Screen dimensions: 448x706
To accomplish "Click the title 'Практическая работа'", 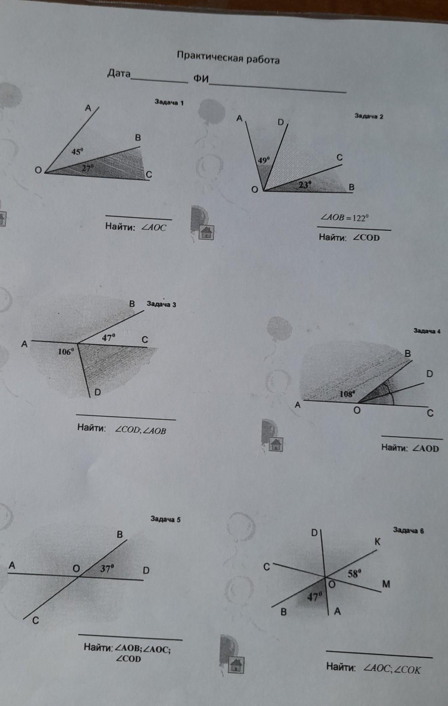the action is tap(228, 57).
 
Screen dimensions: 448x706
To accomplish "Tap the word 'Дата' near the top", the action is tap(119, 73).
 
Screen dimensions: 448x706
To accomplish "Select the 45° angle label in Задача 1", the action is tap(77, 151).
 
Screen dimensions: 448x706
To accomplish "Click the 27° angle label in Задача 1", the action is tap(88, 168).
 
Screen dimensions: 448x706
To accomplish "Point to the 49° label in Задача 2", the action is tap(264, 160).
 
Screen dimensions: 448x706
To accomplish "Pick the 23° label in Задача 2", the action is tap(305, 185).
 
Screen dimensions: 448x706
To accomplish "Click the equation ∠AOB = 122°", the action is tap(345, 218).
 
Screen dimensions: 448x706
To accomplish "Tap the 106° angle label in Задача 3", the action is tap(65, 352).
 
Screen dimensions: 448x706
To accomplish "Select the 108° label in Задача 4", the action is tap(347, 393).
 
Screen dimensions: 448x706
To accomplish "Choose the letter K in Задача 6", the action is tap(377, 542).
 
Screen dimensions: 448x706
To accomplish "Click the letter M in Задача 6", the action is tap(386, 584).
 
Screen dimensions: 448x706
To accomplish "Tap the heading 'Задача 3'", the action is tap(161, 304).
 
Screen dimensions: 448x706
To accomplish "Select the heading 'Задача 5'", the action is tap(165, 519).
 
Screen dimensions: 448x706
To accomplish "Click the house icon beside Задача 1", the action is tap(206, 232).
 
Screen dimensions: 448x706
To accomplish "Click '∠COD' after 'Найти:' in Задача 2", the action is tap(366, 238).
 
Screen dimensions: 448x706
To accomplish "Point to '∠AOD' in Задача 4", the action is tap(426, 448).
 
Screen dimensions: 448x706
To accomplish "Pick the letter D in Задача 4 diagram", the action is tap(430, 374).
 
